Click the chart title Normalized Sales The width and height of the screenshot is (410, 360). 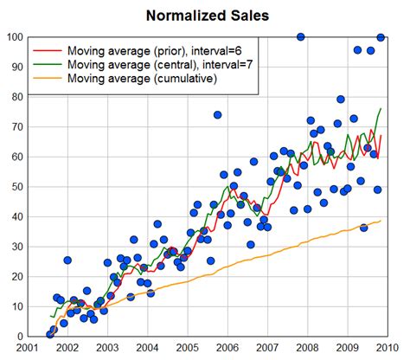(207, 16)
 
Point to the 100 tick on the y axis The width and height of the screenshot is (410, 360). (14, 37)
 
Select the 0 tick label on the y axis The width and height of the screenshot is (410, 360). (19, 337)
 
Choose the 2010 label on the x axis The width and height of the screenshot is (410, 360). (385, 349)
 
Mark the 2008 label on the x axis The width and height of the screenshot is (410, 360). (305, 349)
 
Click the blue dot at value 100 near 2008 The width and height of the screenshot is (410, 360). (300, 37)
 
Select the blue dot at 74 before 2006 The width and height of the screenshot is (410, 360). (217, 114)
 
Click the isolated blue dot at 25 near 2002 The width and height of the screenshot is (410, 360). (67, 260)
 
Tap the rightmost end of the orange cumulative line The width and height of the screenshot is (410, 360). (381, 221)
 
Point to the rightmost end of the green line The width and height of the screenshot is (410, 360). (381, 109)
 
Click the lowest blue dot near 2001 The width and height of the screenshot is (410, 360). (50, 334)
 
